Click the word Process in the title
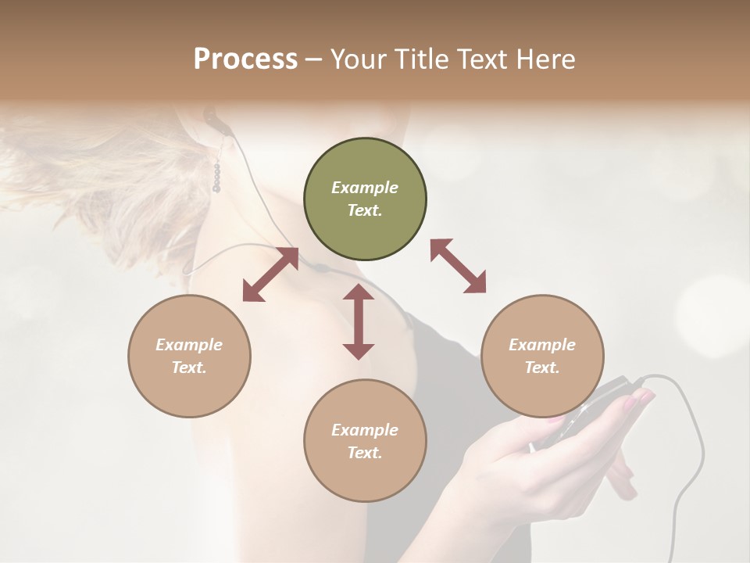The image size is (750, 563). pos(245,59)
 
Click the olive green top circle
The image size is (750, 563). pos(365,199)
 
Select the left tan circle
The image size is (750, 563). pos(189,356)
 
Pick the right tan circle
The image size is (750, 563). pos(542,356)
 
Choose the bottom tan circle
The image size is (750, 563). pos(365,441)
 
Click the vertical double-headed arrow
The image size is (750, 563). pos(359,321)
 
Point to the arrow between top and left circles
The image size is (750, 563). pos(270,274)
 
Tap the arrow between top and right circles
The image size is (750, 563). pos(458,266)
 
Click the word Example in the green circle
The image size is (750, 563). pos(365,188)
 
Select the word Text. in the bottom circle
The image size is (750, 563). pos(365,453)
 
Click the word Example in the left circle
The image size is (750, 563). pos(189,345)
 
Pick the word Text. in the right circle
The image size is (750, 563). pos(542,368)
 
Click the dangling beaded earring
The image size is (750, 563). pos(217,175)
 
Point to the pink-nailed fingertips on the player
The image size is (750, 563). pos(637,400)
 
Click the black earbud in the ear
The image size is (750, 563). pos(209,117)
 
